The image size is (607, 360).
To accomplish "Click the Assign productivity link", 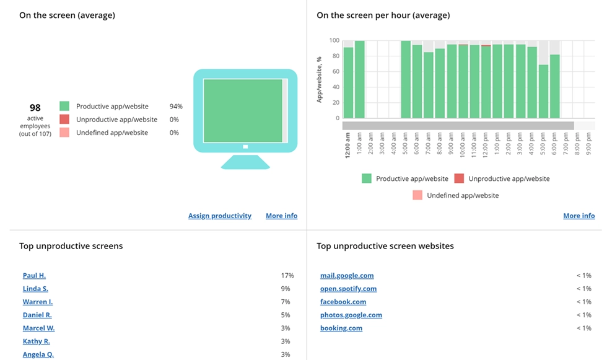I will (220, 216).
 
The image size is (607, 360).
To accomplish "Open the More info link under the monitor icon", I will (281, 216).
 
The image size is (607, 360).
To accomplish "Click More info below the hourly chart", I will (579, 216).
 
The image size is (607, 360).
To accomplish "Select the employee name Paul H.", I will (34, 276).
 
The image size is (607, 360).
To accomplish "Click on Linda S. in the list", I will (35, 289).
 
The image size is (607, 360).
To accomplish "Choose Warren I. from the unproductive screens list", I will (38, 302).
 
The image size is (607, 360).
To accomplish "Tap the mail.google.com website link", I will (347, 276).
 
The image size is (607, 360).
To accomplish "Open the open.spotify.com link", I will (348, 289).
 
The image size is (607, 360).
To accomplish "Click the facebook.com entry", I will (343, 302).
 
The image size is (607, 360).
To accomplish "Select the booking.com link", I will (341, 328).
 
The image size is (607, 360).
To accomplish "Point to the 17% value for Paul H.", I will (287, 276).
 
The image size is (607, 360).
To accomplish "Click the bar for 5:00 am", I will (406, 79).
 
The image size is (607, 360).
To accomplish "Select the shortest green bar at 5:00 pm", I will (543, 91).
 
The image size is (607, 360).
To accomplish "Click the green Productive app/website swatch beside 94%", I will (64, 107).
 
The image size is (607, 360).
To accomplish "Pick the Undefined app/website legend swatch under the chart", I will (417, 195).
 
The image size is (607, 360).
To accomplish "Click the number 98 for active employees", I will (35, 108).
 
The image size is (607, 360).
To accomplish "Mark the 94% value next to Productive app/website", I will (176, 107).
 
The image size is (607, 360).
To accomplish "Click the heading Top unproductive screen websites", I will (385, 246).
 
